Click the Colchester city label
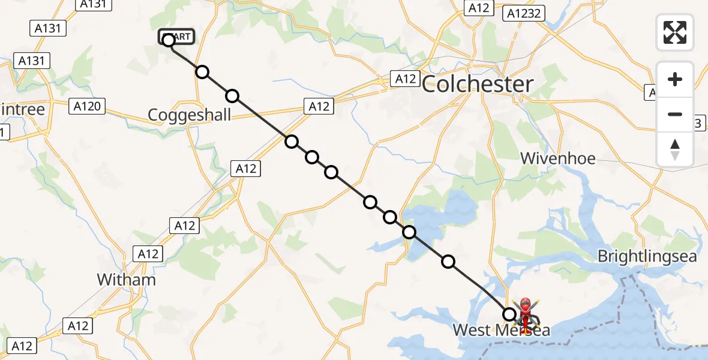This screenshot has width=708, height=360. pyautogui.click(x=478, y=85)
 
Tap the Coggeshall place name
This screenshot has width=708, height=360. pyautogui.click(x=190, y=115)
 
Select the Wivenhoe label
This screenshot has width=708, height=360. pyautogui.click(x=558, y=158)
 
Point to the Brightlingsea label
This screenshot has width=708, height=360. pyautogui.click(x=647, y=257)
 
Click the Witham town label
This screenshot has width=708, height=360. pyautogui.click(x=126, y=280)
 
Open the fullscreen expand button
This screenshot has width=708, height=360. pyautogui.click(x=675, y=32)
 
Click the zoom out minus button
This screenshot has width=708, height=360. pyautogui.click(x=675, y=114)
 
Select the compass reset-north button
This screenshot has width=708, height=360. pyautogui.click(x=675, y=149)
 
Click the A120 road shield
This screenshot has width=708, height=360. pyautogui.click(x=87, y=107)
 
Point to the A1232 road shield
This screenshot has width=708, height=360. pyautogui.click(x=524, y=13)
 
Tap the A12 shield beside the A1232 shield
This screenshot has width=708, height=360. pyautogui.click(x=479, y=8)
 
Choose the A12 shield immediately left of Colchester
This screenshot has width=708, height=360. pyautogui.click(x=404, y=78)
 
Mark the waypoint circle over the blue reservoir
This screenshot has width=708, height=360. pyautogui.click(x=409, y=232)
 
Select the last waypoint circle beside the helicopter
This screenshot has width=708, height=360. pyautogui.click(x=509, y=314)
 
